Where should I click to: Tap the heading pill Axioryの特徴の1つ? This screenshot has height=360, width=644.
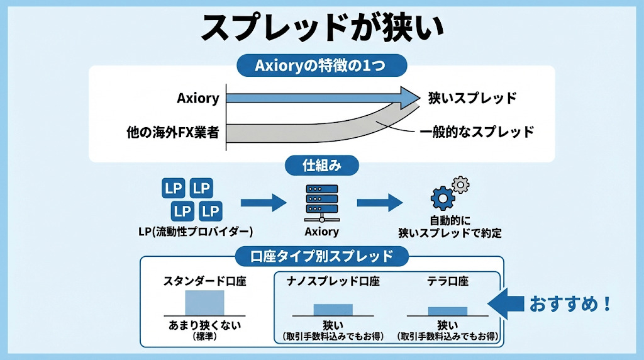(321, 65)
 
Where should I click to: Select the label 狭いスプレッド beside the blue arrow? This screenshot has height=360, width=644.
(472, 98)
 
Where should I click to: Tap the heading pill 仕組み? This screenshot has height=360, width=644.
(321, 166)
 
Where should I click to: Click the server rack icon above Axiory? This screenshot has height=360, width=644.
(321, 201)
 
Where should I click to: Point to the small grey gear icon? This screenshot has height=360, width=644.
(461, 184)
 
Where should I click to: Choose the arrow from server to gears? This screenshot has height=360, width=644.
(379, 202)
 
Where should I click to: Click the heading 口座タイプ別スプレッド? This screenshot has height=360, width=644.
(321, 256)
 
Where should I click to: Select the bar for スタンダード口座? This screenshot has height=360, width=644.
(204, 302)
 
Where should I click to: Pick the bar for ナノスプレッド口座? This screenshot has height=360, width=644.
(333, 309)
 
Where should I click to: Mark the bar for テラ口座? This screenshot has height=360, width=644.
(447, 311)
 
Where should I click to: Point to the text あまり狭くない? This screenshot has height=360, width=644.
(205, 325)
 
